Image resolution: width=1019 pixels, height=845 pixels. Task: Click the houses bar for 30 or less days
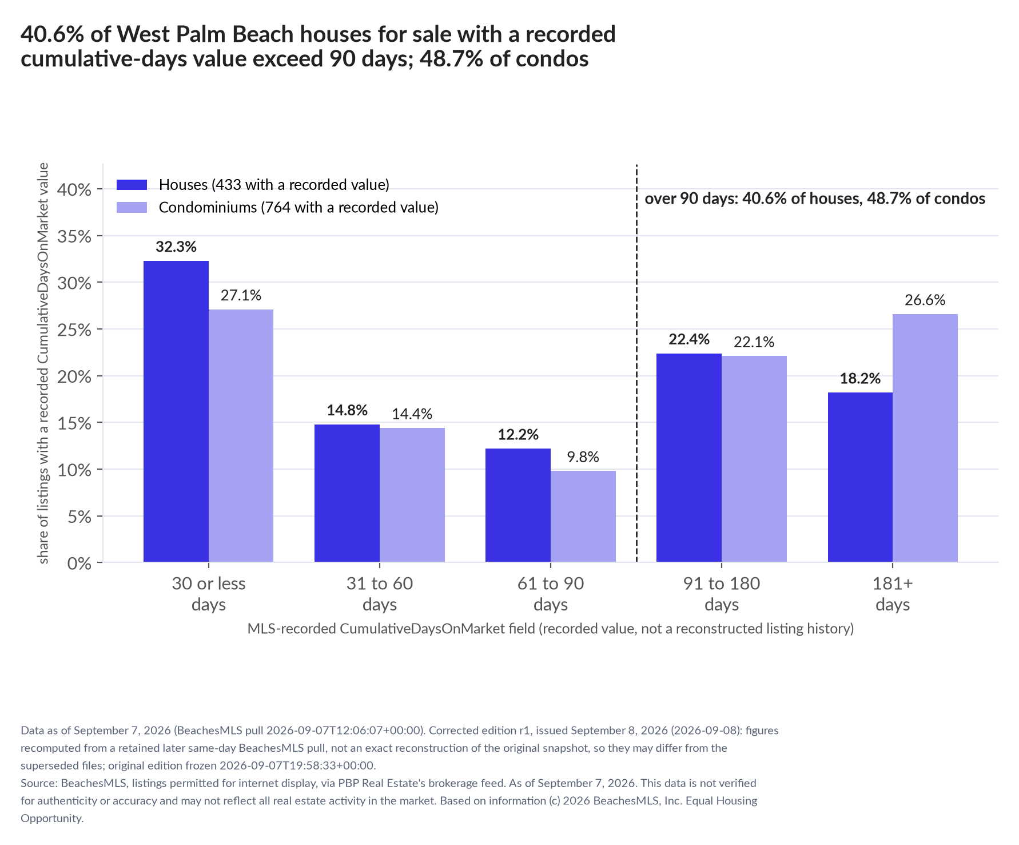click(x=176, y=411)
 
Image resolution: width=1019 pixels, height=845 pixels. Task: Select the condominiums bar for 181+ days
click(x=925, y=438)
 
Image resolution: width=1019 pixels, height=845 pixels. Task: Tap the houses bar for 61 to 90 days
click(x=518, y=505)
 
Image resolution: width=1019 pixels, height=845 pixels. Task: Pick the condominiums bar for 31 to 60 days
click(x=412, y=495)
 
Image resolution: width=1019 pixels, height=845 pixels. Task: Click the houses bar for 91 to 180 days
click(x=689, y=458)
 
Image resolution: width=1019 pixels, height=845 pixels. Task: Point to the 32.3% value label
click(x=176, y=247)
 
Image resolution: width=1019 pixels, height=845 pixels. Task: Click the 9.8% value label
click(x=583, y=457)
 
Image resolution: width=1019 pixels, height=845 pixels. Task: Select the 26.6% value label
click(x=925, y=300)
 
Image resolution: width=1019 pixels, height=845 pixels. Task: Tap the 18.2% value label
click(x=860, y=379)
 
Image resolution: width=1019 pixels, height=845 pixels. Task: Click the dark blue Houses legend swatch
click(x=132, y=185)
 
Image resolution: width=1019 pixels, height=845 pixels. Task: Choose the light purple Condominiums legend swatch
click(x=132, y=207)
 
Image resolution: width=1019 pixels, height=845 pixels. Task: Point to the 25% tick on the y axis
click(x=99, y=329)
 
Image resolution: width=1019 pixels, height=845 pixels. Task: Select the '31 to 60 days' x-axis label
click(x=380, y=594)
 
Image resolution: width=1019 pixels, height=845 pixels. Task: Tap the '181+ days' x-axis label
click(x=893, y=594)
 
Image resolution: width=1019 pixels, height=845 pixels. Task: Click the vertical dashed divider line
click(x=636, y=363)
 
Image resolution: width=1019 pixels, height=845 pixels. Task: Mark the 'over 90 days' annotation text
click(x=815, y=199)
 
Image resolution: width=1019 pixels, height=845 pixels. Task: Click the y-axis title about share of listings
click(x=43, y=363)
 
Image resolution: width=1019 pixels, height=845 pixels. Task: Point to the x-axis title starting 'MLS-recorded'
click(x=551, y=629)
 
